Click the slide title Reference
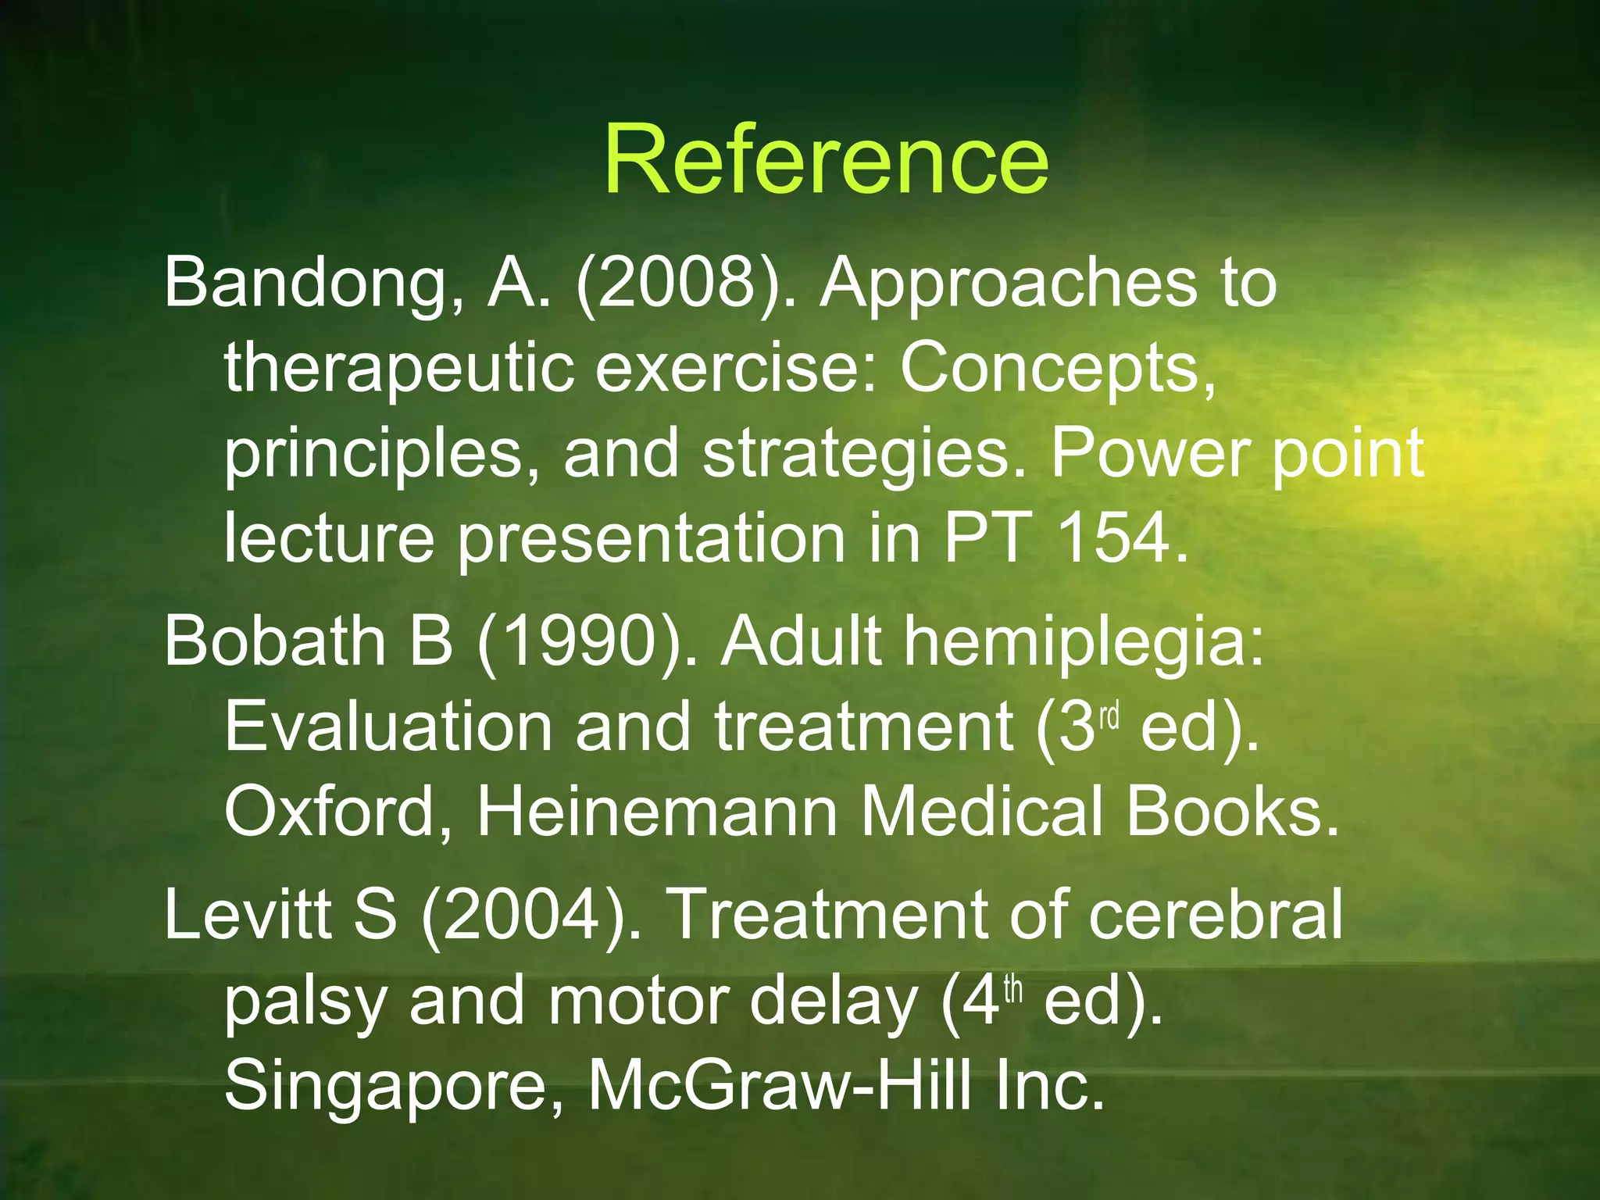pos(826,160)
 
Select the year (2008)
pos(677,283)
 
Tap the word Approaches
pos(1009,283)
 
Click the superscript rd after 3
pos(1110,715)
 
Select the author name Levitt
pos(248,915)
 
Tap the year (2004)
pos(531,915)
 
